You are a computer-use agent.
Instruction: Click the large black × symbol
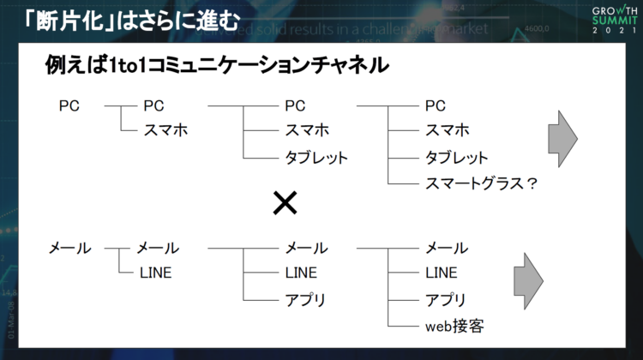[x=285, y=203]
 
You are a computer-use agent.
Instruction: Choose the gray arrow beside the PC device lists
[x=562, y=137]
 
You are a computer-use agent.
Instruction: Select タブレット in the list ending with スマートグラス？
[x=457, y=157]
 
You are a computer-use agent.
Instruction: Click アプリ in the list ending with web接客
[x=446, y=299]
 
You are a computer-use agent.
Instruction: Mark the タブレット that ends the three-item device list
[x=316, y=157]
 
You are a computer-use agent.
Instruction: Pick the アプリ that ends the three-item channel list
[x=304, y=299]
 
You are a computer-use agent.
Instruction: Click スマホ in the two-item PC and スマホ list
[x=165, y=130]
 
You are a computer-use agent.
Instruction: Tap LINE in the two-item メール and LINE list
[x=156, y=273]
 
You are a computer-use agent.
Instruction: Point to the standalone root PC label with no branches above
[x=69, y=105]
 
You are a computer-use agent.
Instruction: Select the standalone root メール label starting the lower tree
[x=69, y=248]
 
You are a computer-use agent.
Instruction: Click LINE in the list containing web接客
[x=442, y=273]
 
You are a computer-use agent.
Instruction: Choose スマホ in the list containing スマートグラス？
[x=448, y=130]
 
